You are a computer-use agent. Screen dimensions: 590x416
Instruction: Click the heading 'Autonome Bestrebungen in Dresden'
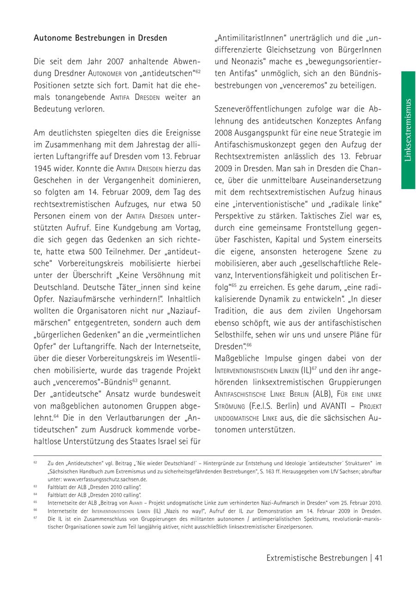100,38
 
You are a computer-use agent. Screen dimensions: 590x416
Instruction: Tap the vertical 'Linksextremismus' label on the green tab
408,130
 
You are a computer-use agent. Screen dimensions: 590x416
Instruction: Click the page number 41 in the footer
378,558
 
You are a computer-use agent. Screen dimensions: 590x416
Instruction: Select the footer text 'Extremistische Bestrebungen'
317,558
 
